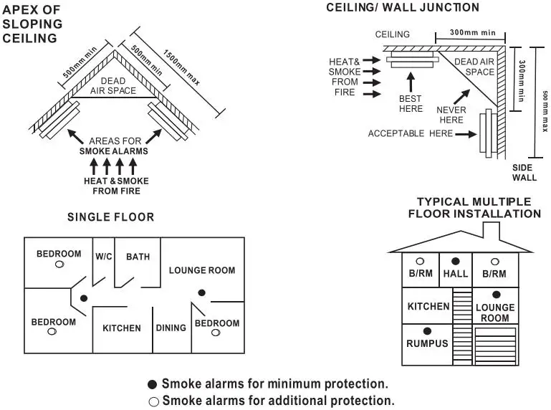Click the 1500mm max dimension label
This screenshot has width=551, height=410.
point(181,67)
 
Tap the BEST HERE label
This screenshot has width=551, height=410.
point(411,104)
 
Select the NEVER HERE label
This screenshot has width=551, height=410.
point(451,115)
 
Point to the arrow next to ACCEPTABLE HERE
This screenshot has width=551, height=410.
point(466,134)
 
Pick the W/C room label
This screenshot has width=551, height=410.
point(104,257)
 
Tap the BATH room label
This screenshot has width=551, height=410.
point(138,257)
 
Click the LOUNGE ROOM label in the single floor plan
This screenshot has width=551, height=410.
point(202,270)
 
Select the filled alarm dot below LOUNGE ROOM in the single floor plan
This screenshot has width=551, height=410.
point(202,292)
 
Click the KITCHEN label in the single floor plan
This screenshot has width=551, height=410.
point(122,328)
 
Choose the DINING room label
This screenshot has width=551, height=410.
point(171,328)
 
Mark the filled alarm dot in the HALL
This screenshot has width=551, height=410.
point(456,261)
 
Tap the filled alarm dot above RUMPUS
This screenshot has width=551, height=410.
point(427,331)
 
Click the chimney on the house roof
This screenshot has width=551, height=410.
point(492,232)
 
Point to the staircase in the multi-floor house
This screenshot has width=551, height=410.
point(462,326)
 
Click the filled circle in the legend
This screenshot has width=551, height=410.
point(152,384)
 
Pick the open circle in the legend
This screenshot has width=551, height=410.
point(153,402)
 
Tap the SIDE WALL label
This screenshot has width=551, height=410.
point(524,173)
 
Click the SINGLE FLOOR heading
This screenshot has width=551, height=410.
point(110,217)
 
